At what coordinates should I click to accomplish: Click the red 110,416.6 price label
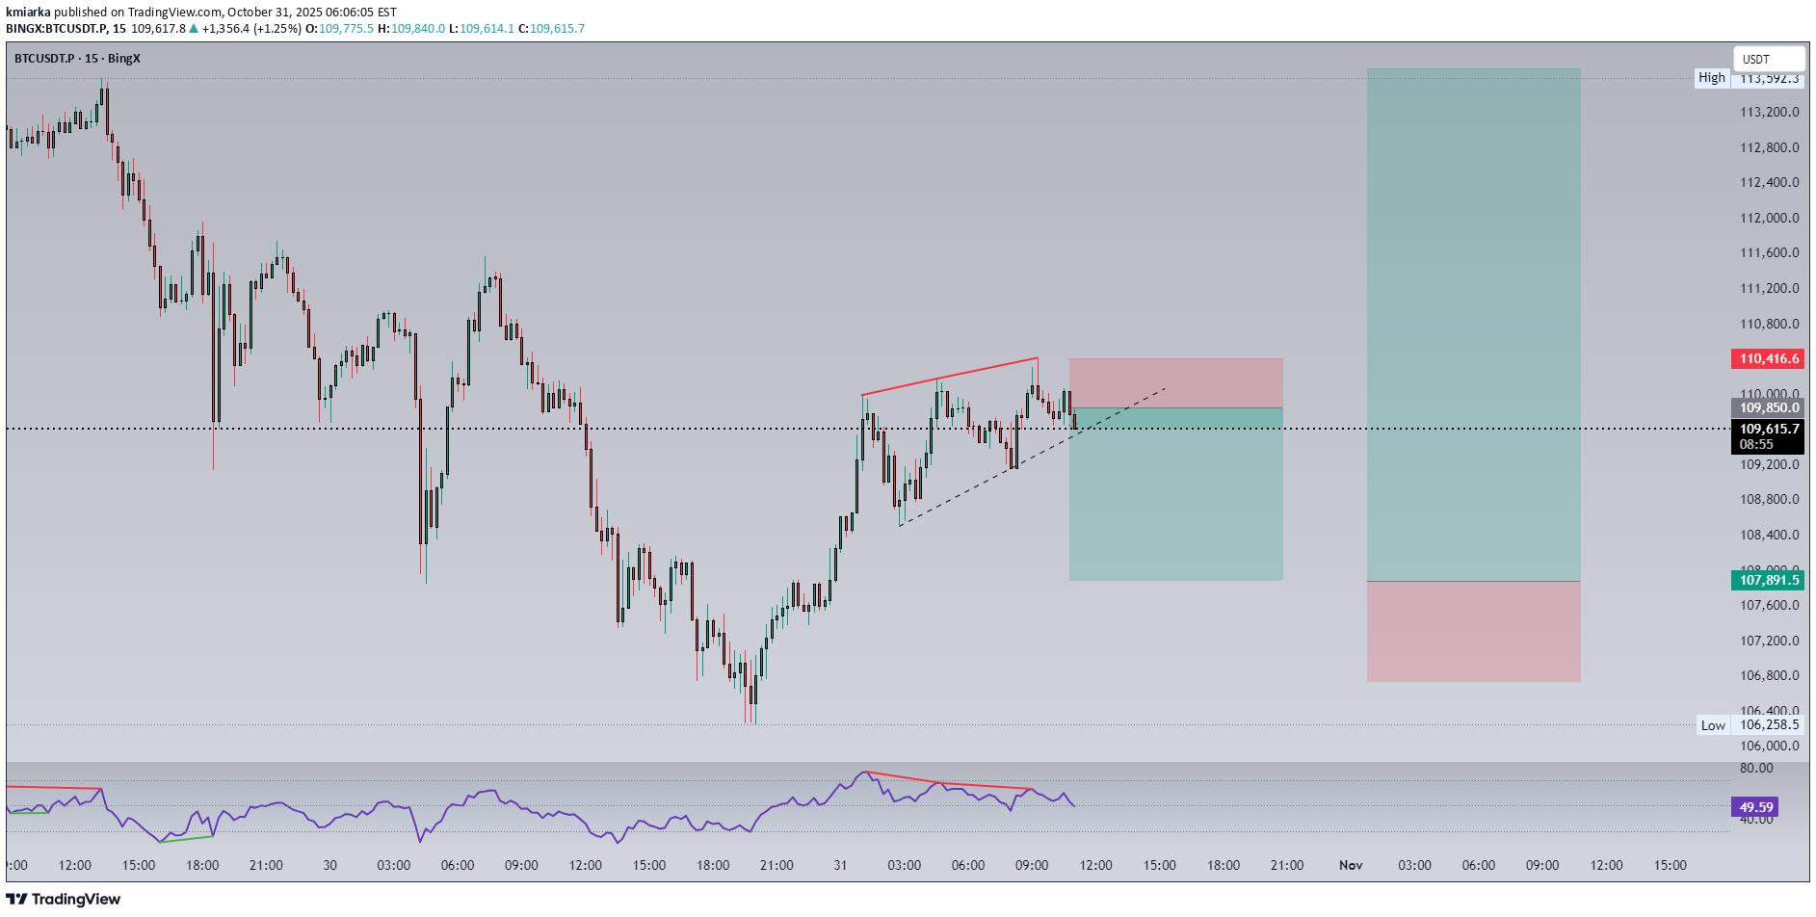coord(1767,359)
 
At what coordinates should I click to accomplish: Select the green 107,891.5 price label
coord(1767,580)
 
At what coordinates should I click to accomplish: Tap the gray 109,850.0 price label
coord(1767,407)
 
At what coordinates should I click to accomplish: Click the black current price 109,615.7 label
coord(1767,430)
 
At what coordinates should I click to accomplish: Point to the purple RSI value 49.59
coord(1755,807)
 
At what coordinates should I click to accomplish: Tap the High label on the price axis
coord(1711,78)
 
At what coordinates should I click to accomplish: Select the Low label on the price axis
coord(1712,725)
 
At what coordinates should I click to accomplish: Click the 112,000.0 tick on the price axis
coord(1769,218)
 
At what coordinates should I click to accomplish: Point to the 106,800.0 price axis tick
coord(1769,675)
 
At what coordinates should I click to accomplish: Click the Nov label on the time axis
coord(1351,865)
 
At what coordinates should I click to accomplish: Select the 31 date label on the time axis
coord(840,865)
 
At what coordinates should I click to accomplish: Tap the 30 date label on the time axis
coord(329,865)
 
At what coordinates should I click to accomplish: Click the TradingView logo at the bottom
coord(64,899)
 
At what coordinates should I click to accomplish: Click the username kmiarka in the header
coord(28,13)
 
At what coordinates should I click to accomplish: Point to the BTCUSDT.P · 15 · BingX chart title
coord(77,59)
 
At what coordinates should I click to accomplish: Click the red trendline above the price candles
coord(949,377)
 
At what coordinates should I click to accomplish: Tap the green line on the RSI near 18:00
coord(187,838)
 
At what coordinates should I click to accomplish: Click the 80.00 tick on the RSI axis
coord(1755,768)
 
